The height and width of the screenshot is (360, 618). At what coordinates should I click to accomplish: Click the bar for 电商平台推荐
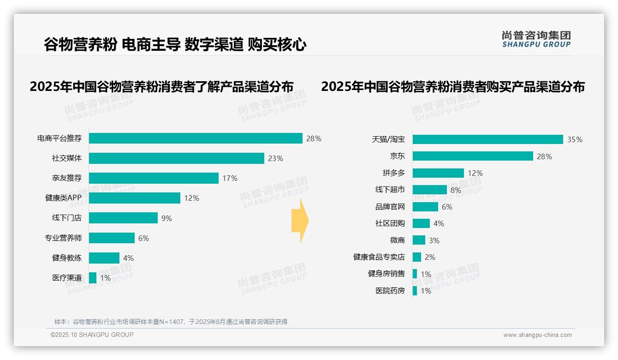(x=196, y=138)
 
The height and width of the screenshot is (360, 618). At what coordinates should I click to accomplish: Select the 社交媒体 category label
(x=67, y=158)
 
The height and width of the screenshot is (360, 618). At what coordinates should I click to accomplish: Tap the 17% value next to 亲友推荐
(x=230, y=178)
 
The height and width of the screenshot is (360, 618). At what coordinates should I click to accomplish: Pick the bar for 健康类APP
(x=135, y=198)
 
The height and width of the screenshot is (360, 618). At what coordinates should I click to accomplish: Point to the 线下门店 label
(x=67, y=218)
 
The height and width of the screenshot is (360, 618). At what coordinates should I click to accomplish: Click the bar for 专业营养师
(x=112, y=238)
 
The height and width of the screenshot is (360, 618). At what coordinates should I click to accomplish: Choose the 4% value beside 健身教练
(x=128, y=258)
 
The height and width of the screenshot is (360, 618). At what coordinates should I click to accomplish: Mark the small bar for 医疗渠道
(x=93, y=278)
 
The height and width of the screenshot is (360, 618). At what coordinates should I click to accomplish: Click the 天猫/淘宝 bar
(x=487, y=139)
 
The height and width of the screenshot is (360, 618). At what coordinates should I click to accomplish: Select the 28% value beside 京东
(x=544, y=156)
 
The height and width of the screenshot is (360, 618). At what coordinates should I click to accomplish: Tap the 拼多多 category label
(x=394, y=173)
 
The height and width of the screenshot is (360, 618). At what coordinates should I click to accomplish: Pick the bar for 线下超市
(x=429, y=190)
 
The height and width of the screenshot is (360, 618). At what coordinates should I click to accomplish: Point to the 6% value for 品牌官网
(x=447, y=207)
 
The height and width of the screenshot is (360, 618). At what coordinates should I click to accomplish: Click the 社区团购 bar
(x=421, y=223)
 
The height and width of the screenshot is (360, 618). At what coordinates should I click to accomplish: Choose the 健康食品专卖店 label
(x=379, y=257)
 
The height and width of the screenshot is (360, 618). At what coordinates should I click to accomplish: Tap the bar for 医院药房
(x=415, y=291)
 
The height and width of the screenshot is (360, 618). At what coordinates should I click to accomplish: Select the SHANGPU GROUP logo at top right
(x=536, y=39)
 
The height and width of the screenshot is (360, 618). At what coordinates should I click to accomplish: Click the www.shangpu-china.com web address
(x=537, y=335)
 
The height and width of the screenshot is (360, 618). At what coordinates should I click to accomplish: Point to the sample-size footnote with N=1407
(x=171, y=322)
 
